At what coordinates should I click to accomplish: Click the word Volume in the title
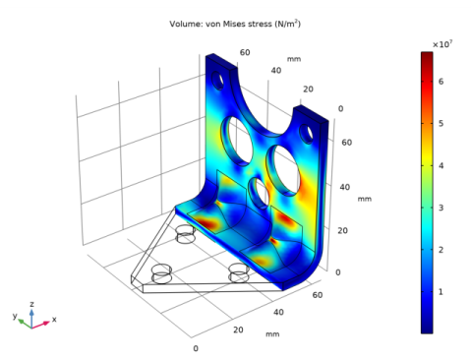pyautogui.click(x=185, y=24)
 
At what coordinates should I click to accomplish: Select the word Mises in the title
pyautogui.click(x=233, y=24)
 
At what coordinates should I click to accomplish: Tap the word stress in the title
pyautogui.click(x=260, y=24)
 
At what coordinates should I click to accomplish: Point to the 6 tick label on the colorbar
pyautogui.click(x=441, y=82)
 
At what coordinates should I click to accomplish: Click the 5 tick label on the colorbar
pyautogui.click(x=441, y=124)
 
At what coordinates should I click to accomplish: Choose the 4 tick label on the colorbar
pyautogui.click(x=441, y=165)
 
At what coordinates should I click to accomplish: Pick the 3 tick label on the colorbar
pyautogui.click(x=441, y=208)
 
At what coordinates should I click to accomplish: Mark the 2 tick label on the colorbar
pyautogui.click(x=441, y=250)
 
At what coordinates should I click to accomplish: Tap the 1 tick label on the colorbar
pyautogui.click(x=441, y=291)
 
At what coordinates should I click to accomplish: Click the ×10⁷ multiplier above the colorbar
pyautogui.click(x=442, y=44)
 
